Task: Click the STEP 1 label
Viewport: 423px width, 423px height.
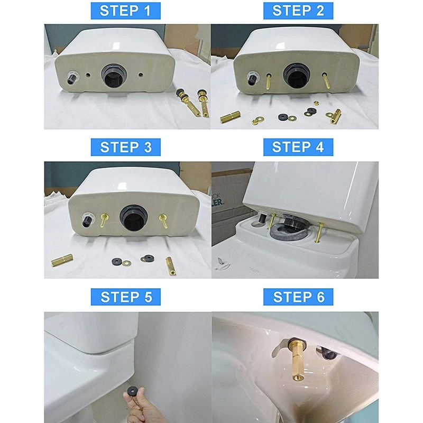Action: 125,11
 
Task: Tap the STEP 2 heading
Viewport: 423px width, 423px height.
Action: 298,11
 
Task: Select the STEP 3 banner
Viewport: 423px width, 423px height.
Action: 125,147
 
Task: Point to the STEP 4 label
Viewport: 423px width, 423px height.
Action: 298,147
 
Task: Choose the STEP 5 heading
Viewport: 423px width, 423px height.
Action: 125,297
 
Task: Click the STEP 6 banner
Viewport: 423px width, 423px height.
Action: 298,297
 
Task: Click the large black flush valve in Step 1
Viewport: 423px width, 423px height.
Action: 114,76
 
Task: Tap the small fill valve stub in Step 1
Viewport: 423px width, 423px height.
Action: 72,78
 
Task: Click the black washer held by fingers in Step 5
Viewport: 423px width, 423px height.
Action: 132,390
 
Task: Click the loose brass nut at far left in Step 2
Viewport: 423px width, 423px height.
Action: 230,117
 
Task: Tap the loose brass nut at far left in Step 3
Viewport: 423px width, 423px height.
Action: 62,260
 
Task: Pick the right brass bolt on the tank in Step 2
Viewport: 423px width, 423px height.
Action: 326,80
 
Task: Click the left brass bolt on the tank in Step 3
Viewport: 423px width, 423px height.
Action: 104,219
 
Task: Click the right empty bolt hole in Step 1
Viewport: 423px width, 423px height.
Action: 141,75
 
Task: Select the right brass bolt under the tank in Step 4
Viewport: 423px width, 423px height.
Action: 320,232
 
